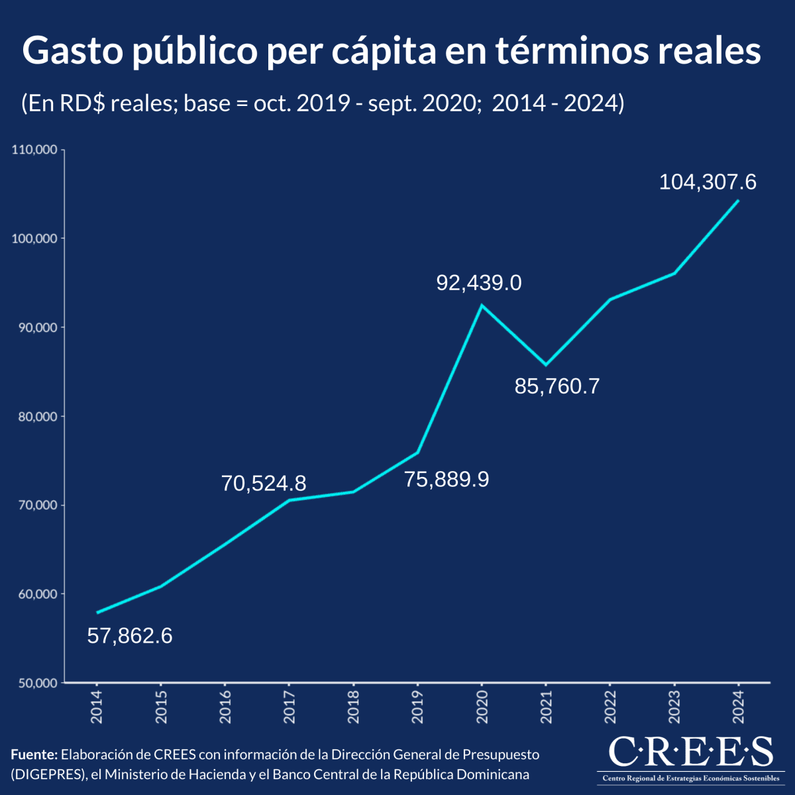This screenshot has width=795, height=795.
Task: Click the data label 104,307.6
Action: (x=708, y=182)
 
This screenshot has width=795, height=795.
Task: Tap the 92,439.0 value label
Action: (x=479, y=284)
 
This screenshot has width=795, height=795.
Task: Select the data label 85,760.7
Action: (x=557, y=386)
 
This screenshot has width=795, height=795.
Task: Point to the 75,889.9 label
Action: (x=447, y=480)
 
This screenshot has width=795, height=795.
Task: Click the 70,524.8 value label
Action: (x=264, y=484)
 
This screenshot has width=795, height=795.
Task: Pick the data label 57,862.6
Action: (x=130, y=636)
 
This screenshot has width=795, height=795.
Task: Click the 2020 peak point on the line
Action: (x=482, y=305)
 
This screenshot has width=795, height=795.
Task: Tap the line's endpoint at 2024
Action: (x=738, y=200)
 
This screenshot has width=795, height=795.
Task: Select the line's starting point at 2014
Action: (x=97, y=613)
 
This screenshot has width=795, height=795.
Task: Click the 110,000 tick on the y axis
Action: (x=34, y=150)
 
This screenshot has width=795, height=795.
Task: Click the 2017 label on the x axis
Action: (x=290, y=706)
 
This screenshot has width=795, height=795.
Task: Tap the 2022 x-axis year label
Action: (x=610, y=706)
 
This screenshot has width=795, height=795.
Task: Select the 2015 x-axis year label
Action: (x=161, y=706)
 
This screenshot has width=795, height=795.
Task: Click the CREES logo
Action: (x=690, y=758)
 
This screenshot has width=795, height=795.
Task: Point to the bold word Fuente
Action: (x=34, y=755)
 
